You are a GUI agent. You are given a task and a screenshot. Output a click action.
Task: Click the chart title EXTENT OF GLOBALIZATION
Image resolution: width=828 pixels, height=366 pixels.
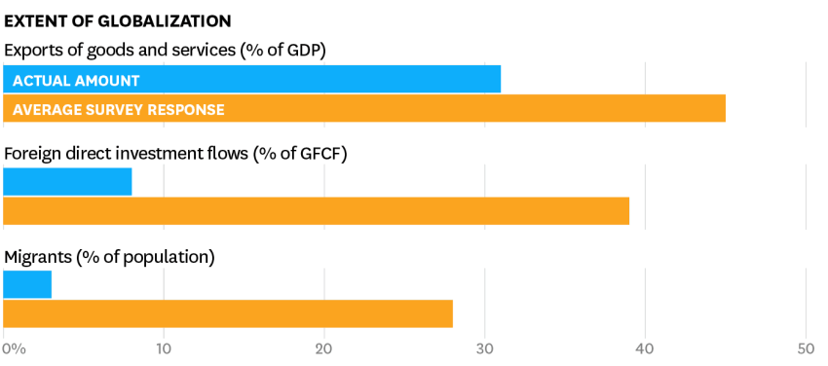pyautogui.click(x=117, y=21)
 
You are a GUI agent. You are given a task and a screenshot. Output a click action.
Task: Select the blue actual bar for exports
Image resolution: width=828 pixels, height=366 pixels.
pyautogui.click(x=252, y=79)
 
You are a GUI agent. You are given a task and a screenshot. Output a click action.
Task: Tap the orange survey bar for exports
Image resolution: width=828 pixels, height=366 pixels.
pyautogui.click(x=364, y=108)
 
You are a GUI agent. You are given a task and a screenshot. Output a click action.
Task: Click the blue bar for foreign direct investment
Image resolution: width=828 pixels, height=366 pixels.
pyautogui.click(x=67, y=181)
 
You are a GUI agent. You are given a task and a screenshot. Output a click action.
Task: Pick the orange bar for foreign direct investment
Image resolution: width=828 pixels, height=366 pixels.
pyautogui.click(x=317, y=210)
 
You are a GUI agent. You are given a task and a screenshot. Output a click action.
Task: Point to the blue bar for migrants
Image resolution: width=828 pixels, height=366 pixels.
pyautogui.click(x=27, y=284)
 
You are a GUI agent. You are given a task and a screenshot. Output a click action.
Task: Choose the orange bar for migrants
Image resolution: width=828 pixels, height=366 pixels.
pyautogui.click(x=228, y=313)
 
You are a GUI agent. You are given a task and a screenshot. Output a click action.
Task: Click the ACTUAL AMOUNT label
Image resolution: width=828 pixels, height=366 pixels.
pyautogui.click(x=76, y=81)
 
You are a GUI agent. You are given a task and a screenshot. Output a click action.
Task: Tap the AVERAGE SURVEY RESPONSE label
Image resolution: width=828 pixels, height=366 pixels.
pyautogui.click(x=119, y=110)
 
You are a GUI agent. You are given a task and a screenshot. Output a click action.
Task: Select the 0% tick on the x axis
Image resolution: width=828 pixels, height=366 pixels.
pyautogui.click(x=14, y=349)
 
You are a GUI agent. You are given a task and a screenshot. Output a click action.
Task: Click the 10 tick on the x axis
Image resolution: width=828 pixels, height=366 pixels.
pyautogui.click(x=164, y=349)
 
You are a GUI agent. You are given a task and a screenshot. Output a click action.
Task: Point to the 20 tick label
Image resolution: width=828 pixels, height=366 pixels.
pyautogui.click(x=324, y=349)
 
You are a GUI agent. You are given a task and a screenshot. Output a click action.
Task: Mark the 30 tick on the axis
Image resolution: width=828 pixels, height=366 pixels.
pyautogui.click(x=485, y=349)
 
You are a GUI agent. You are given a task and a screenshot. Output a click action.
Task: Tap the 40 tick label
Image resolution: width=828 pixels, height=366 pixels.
pyautogui.click(x=645, y=349)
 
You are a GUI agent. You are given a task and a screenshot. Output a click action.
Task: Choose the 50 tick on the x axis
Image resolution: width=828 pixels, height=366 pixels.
pyautogui.click(x=806, y=349)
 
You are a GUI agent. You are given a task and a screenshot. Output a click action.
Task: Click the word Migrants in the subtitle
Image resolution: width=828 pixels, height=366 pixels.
pyautogui.click(x=37, y=257)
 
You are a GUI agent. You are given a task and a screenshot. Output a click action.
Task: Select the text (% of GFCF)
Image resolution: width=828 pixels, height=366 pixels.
pyautogui.click(x=300, y=155)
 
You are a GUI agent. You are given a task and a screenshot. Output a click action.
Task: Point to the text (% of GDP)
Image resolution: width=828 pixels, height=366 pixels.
pyautogui.click(x=283, y=51)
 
